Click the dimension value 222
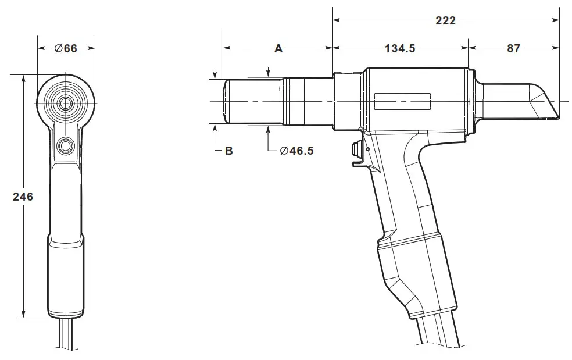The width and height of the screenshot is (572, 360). click(445, 20)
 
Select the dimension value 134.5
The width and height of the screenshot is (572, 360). click(399, 49)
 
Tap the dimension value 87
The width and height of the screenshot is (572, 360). click(513, 49)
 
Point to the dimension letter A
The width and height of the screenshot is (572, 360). click(278, 49)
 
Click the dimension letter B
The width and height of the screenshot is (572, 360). click(228, 151)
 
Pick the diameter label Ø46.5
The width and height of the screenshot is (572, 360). click(296, 151)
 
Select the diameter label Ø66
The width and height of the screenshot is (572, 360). click(66, 48)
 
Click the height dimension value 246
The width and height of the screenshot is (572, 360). click(23, 197)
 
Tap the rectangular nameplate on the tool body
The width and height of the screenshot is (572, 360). click(402, 102)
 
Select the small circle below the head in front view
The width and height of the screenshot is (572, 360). click(66, 144)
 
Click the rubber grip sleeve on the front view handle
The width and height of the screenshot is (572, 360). click(66, 276)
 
